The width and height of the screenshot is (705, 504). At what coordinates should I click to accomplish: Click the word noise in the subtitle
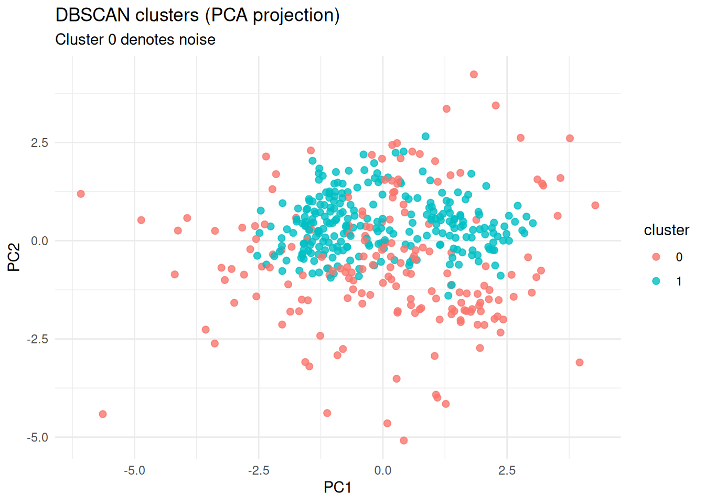[x=197, y=40]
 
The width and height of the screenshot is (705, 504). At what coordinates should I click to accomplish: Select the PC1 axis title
[x=337, y=488]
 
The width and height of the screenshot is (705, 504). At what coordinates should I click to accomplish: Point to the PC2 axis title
[x=14, y=257]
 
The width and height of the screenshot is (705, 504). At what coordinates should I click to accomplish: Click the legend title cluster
[x=666, y=230]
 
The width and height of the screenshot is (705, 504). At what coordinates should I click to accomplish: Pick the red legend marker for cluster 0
[x=656, y=257]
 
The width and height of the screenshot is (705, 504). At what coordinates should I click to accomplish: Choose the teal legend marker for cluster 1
[x=656, y=281]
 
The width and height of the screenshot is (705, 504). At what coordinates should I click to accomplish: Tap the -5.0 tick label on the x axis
[x=134, y=470]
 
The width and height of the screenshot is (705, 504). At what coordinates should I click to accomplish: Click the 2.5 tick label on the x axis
[x=507, y=470]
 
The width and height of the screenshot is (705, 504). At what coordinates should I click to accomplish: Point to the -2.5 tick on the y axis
[x=37, y=339]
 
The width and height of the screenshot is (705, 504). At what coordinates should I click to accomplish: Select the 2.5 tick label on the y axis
[x=39, y=143]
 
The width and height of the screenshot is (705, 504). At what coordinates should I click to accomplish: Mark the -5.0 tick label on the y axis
[x=37, y=437]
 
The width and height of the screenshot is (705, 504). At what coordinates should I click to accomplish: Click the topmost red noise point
[x=474, y=75]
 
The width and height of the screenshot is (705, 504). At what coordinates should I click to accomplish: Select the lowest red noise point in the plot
[x=403, y=440]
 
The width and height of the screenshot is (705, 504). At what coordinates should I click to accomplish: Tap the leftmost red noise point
[x=81, y=194]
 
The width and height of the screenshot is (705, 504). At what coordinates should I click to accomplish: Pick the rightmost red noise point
[x=595, y=205]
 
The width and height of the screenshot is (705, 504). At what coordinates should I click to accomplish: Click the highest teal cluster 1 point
[x=425, y=136]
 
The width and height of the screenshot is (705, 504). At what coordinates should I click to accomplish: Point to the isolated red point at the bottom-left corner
[x=103, y=414]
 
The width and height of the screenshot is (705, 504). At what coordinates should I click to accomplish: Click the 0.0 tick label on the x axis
[x=382, y=470]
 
